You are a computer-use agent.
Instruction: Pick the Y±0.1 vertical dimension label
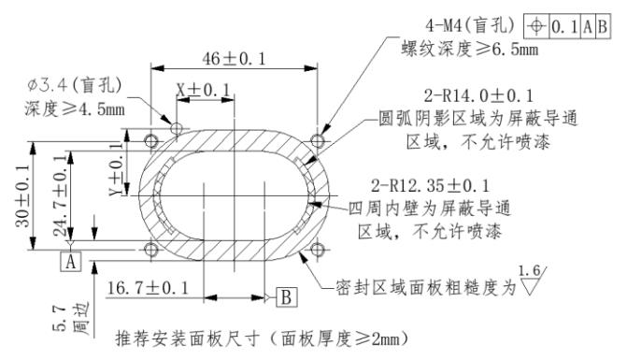117,166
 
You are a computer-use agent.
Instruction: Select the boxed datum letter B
285,297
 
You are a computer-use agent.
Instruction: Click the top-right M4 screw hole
320,139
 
